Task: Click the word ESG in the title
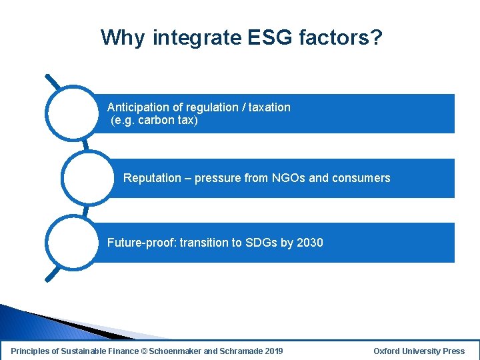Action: (271, 37)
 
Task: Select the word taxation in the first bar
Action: (269, 107)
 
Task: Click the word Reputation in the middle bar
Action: (152, 178)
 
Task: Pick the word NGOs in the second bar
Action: (289, 178)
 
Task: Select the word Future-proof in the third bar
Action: (141, 243)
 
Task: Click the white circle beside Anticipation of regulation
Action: (72, 113)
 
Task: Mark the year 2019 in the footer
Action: (273, 351)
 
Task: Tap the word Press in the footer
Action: (453, 351)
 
